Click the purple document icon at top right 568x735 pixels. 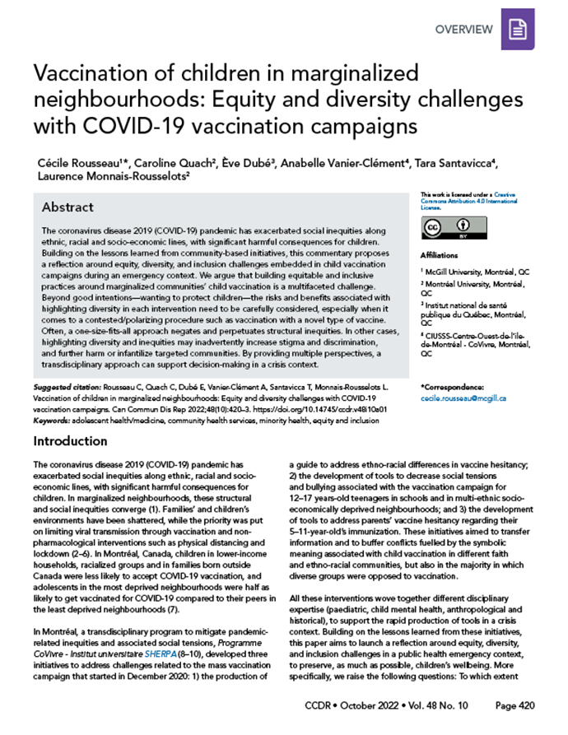(x=516, y=30)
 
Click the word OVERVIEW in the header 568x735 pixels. (x=464, y=30)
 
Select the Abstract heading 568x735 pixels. (x=68, y=207)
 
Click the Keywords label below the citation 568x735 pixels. (x=49, y=418)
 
